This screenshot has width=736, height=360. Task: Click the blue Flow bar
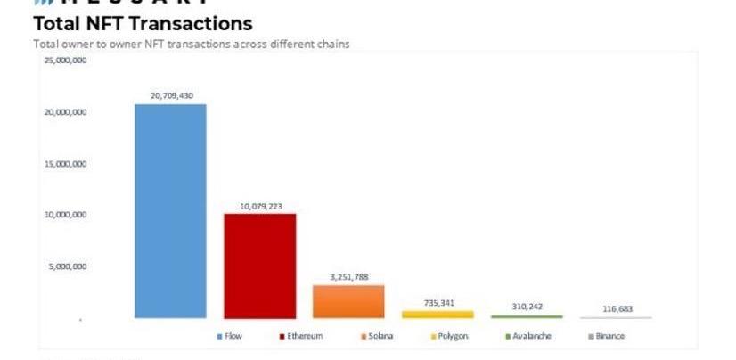tap(170, 211)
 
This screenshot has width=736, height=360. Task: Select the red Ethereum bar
tap(259, 266)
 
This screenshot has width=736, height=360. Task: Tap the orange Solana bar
tap(348, 301)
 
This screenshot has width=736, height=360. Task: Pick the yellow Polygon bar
tap(438, 314)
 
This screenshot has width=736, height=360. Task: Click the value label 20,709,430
tap(170, 95)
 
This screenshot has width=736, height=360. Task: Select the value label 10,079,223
tap(259, 206)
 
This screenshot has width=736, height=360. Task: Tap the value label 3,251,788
tap(348, 277)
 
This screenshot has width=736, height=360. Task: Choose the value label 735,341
tap(438, 303)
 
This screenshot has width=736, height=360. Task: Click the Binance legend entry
tap(607, 337)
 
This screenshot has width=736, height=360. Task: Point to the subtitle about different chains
tap(191, 44)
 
